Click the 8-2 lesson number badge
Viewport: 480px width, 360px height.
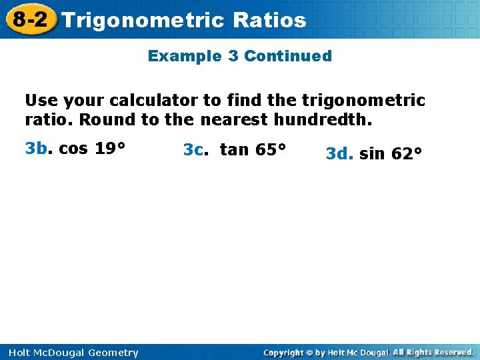point(29,19)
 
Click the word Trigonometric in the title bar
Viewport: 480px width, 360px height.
point(143,20)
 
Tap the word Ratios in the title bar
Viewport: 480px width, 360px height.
point(270,20)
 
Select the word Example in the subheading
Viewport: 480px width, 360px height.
point(185,56)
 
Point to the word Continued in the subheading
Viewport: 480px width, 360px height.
point(288,56)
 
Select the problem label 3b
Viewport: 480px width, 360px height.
point(37,149)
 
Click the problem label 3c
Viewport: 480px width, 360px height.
point(195,149)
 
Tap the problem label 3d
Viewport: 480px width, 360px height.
point(339,154)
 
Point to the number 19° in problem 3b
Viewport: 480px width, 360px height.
point(109,149)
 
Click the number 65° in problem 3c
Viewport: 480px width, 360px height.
point(271,149)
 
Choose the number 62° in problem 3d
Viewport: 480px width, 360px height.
point(407,154)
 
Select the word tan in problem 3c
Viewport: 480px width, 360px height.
point(233,149)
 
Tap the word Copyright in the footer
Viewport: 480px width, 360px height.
point(288,353)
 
